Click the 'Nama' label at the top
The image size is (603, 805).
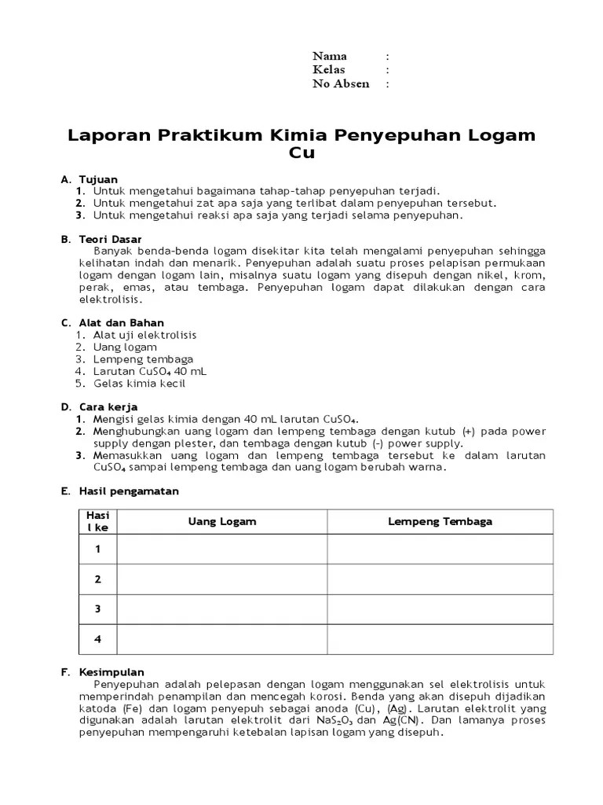pos(330,56)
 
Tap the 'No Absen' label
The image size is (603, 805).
pos(341,84)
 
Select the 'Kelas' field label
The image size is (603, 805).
pos(329,70)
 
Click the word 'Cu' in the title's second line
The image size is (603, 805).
pos(301,153)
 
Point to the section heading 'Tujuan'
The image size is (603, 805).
pos(98,179)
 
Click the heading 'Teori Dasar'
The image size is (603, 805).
pos(111,238)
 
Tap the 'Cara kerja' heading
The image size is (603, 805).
pos(108,407)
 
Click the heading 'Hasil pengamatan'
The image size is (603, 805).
pos(129,491)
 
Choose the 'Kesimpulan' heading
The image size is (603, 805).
pos(111,672)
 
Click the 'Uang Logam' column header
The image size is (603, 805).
pos(222,522)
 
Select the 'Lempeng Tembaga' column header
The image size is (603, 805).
pos(440,522)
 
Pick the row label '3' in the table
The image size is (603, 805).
pos(98,609)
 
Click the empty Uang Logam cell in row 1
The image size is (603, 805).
pos(222,550)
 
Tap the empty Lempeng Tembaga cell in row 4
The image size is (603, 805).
pos(440,639)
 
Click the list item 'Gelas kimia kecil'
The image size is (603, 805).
pos(139,384)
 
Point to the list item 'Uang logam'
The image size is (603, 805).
pos(125,347)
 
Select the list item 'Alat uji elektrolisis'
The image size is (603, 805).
pos(144,335)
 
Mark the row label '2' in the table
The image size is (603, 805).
pos(98,579)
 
